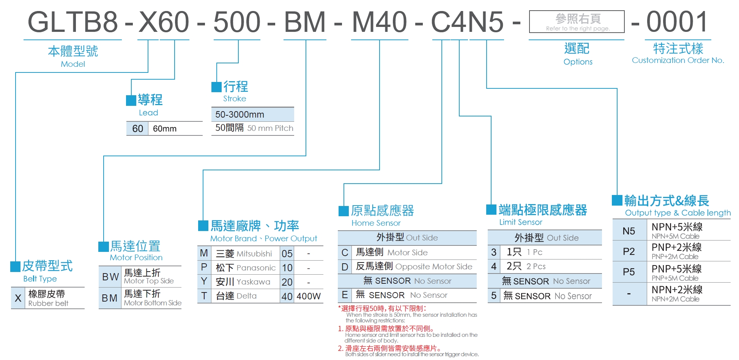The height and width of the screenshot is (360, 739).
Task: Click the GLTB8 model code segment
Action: point(72,22)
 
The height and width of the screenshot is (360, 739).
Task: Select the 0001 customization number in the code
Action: point(677,22)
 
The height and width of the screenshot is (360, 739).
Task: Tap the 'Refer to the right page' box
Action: point(577,22)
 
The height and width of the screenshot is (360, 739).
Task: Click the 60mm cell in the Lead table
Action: point(165,129)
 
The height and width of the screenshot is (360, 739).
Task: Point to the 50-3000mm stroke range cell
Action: point(240,115)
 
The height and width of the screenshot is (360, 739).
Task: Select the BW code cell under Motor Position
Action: point(110,277)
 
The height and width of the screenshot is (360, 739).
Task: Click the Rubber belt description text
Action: point(48,303)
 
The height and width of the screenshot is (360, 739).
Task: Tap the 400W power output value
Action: point(308,296)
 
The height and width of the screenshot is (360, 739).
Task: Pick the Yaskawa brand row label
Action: point(243,282)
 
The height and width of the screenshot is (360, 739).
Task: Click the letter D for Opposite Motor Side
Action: point(345,267)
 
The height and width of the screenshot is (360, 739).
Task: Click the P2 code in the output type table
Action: point(629,252)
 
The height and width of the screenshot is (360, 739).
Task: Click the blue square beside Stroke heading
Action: point(216,87)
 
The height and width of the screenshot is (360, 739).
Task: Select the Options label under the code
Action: point(578,62)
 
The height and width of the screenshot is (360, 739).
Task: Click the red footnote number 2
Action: point(340,348)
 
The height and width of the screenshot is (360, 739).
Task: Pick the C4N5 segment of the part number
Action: point(467,22)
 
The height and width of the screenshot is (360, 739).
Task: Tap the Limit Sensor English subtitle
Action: point(520,222)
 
